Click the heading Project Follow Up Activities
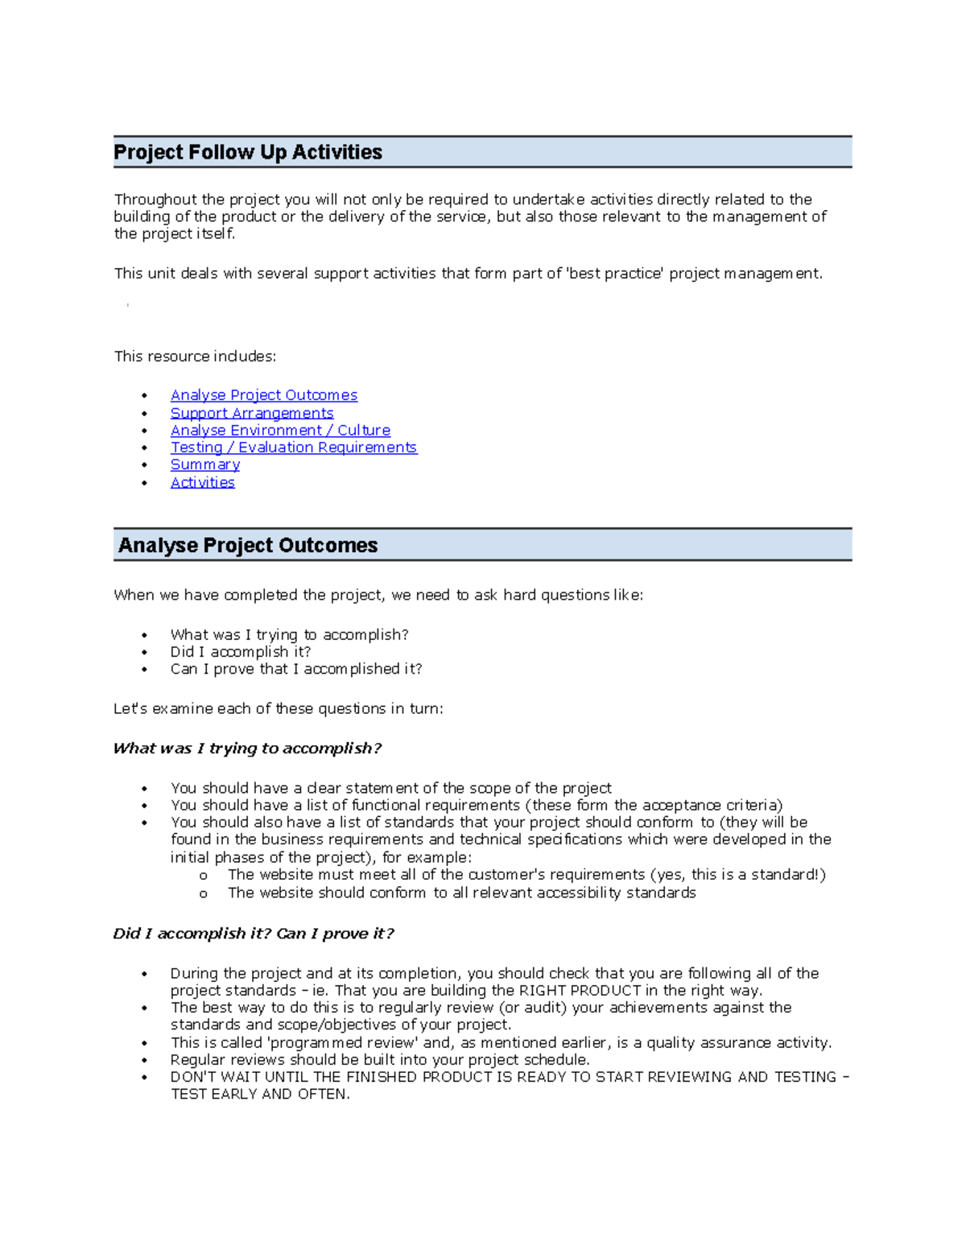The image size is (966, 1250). coord(248,152)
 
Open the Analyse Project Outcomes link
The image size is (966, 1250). coord(263,395)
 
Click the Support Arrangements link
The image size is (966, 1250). coord(251,413)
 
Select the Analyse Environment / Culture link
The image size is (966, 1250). coord(280,431)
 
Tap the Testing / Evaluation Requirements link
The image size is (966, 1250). coord(293,448)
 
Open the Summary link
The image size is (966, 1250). coord(204,464)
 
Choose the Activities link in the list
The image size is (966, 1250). coord(202,482)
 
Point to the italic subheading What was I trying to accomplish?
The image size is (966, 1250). coord(246,749)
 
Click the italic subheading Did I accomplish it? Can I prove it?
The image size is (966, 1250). coord(253,934)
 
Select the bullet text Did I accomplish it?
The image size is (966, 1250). coord(240,652)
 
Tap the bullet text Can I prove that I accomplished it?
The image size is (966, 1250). coord(295,669)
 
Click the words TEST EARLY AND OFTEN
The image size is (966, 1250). coord(259,1095)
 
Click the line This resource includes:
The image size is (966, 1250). coord(195,357)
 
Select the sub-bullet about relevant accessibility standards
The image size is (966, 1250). coord(461,893)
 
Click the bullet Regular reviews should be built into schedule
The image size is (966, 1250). coord(380,1060)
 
